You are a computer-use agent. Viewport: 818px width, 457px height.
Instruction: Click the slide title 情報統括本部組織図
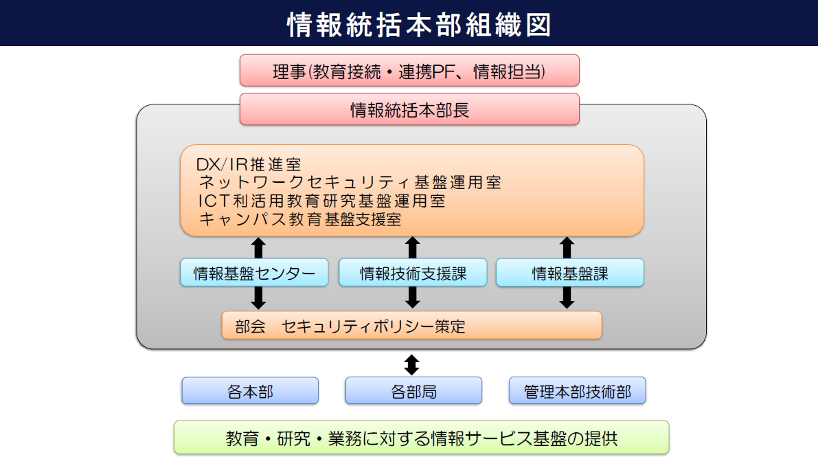pos(419,25)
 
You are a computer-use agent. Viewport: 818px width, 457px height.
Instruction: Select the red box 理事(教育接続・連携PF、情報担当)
pos(409,71)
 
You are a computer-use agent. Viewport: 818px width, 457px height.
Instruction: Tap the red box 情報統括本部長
pos(409,109)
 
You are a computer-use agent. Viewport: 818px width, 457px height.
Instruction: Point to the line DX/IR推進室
pos(249,164)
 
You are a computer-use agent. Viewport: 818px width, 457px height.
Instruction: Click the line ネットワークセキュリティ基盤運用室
pos(350,182)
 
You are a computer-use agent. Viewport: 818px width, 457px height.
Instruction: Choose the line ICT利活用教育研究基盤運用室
pos(322,201)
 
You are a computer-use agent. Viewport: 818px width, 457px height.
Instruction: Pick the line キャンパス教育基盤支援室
pos(300,219)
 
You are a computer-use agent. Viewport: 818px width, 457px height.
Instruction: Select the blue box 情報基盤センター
pos(254,273)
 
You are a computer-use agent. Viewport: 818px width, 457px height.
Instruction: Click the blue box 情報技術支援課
pos(413,273)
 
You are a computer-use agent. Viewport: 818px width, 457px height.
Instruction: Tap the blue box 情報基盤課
pos(569,273)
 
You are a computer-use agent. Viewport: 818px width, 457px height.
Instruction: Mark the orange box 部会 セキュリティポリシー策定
pos(411,325)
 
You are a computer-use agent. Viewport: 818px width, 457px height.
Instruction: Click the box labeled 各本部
pos(250,390)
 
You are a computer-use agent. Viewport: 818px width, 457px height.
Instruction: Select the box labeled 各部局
pos(413,390)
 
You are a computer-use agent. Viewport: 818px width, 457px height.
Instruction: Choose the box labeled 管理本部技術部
pos(577,390)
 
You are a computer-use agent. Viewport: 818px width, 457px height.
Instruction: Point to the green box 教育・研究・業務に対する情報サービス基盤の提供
pos(421,438)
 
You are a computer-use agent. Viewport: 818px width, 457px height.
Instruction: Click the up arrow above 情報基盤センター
pos(258,248)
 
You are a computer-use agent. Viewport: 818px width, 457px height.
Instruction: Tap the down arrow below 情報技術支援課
pos(413,297)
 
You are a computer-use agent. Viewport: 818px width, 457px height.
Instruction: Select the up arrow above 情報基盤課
pos(567,248)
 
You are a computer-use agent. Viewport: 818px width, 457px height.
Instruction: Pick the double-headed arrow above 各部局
pos(411,365)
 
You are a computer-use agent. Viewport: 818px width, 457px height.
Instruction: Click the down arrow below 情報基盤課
pos(567,297)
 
